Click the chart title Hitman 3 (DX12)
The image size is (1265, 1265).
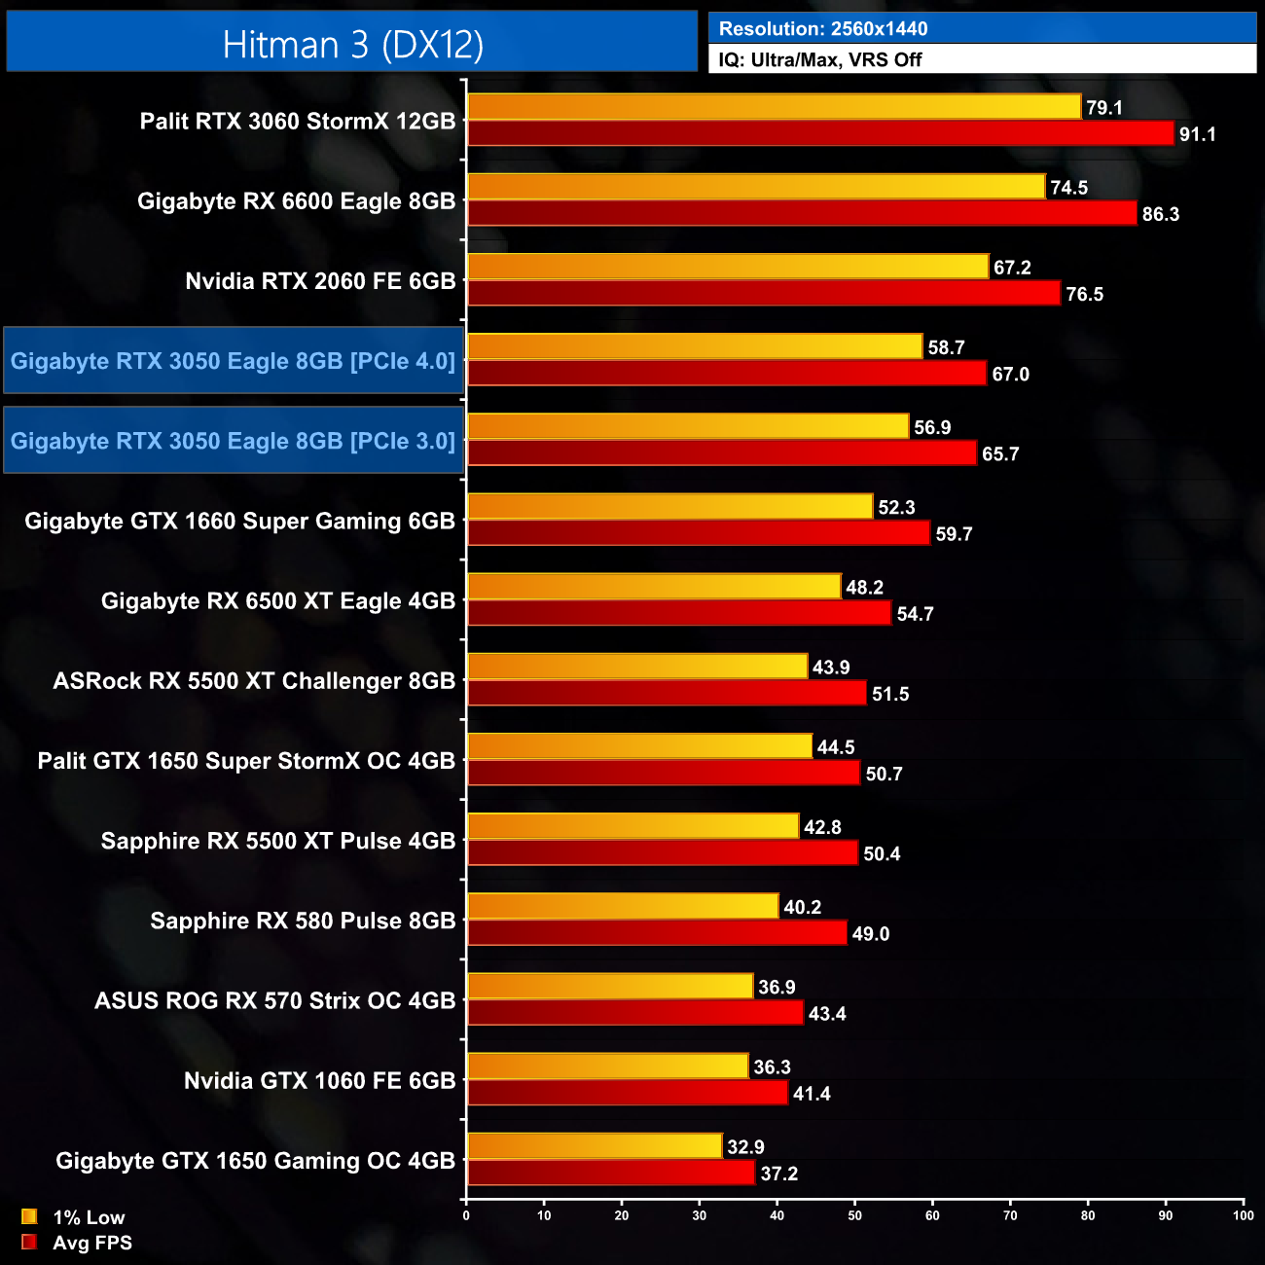coord(352,45)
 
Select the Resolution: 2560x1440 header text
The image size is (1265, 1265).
coord(822,29)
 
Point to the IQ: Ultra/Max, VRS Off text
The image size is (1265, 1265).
coord(819,59)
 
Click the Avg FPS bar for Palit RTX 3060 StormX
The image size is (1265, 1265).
coord(820,133)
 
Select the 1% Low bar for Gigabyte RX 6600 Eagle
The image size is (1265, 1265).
coord(756,187)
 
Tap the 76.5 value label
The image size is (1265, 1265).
coord(1084,294)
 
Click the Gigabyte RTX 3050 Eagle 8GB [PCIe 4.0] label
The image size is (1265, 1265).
coord(233,361)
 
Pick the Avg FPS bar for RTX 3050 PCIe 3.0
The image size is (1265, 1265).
coord(722,453)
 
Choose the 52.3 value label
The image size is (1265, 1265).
coord(896,507)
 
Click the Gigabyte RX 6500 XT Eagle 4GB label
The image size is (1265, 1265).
coord(278,601)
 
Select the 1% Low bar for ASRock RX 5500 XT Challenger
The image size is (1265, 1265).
coord(637,667)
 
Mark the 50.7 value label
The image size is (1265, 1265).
coord(884,774)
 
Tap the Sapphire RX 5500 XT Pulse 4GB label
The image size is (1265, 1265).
coord(278,841)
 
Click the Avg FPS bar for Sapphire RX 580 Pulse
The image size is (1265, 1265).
coord(657,933)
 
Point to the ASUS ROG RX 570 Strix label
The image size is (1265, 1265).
coord(274,1000)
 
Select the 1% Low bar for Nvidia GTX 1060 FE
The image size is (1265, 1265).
coord(608,1066)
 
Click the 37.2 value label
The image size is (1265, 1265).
coord(778,1174)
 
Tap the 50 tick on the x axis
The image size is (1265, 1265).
coord(854,1215)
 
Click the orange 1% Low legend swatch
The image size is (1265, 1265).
coord(29,1216)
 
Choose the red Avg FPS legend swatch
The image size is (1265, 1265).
coord(29,1242)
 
